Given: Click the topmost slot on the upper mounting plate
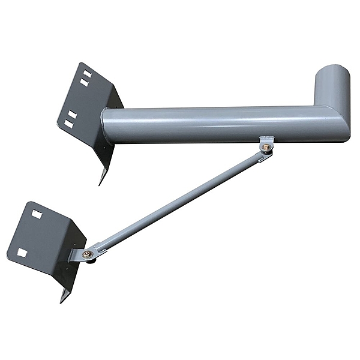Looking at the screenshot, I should (x=86, y=73).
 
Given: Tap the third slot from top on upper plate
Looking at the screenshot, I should (x=72, y=114).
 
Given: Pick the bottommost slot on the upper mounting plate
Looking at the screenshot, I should (x=69, y=124).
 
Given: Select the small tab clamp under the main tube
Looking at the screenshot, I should (x=266, y=143).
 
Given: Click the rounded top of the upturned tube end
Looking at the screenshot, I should (x=333, y=67).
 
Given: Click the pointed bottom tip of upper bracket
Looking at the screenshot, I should (x=100, y=182).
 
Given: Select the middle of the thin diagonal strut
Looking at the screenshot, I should (x=180, y=201).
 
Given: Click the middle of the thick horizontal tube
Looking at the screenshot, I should (x=222, y=125).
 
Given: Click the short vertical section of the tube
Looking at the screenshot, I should (x=333, y=90).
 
